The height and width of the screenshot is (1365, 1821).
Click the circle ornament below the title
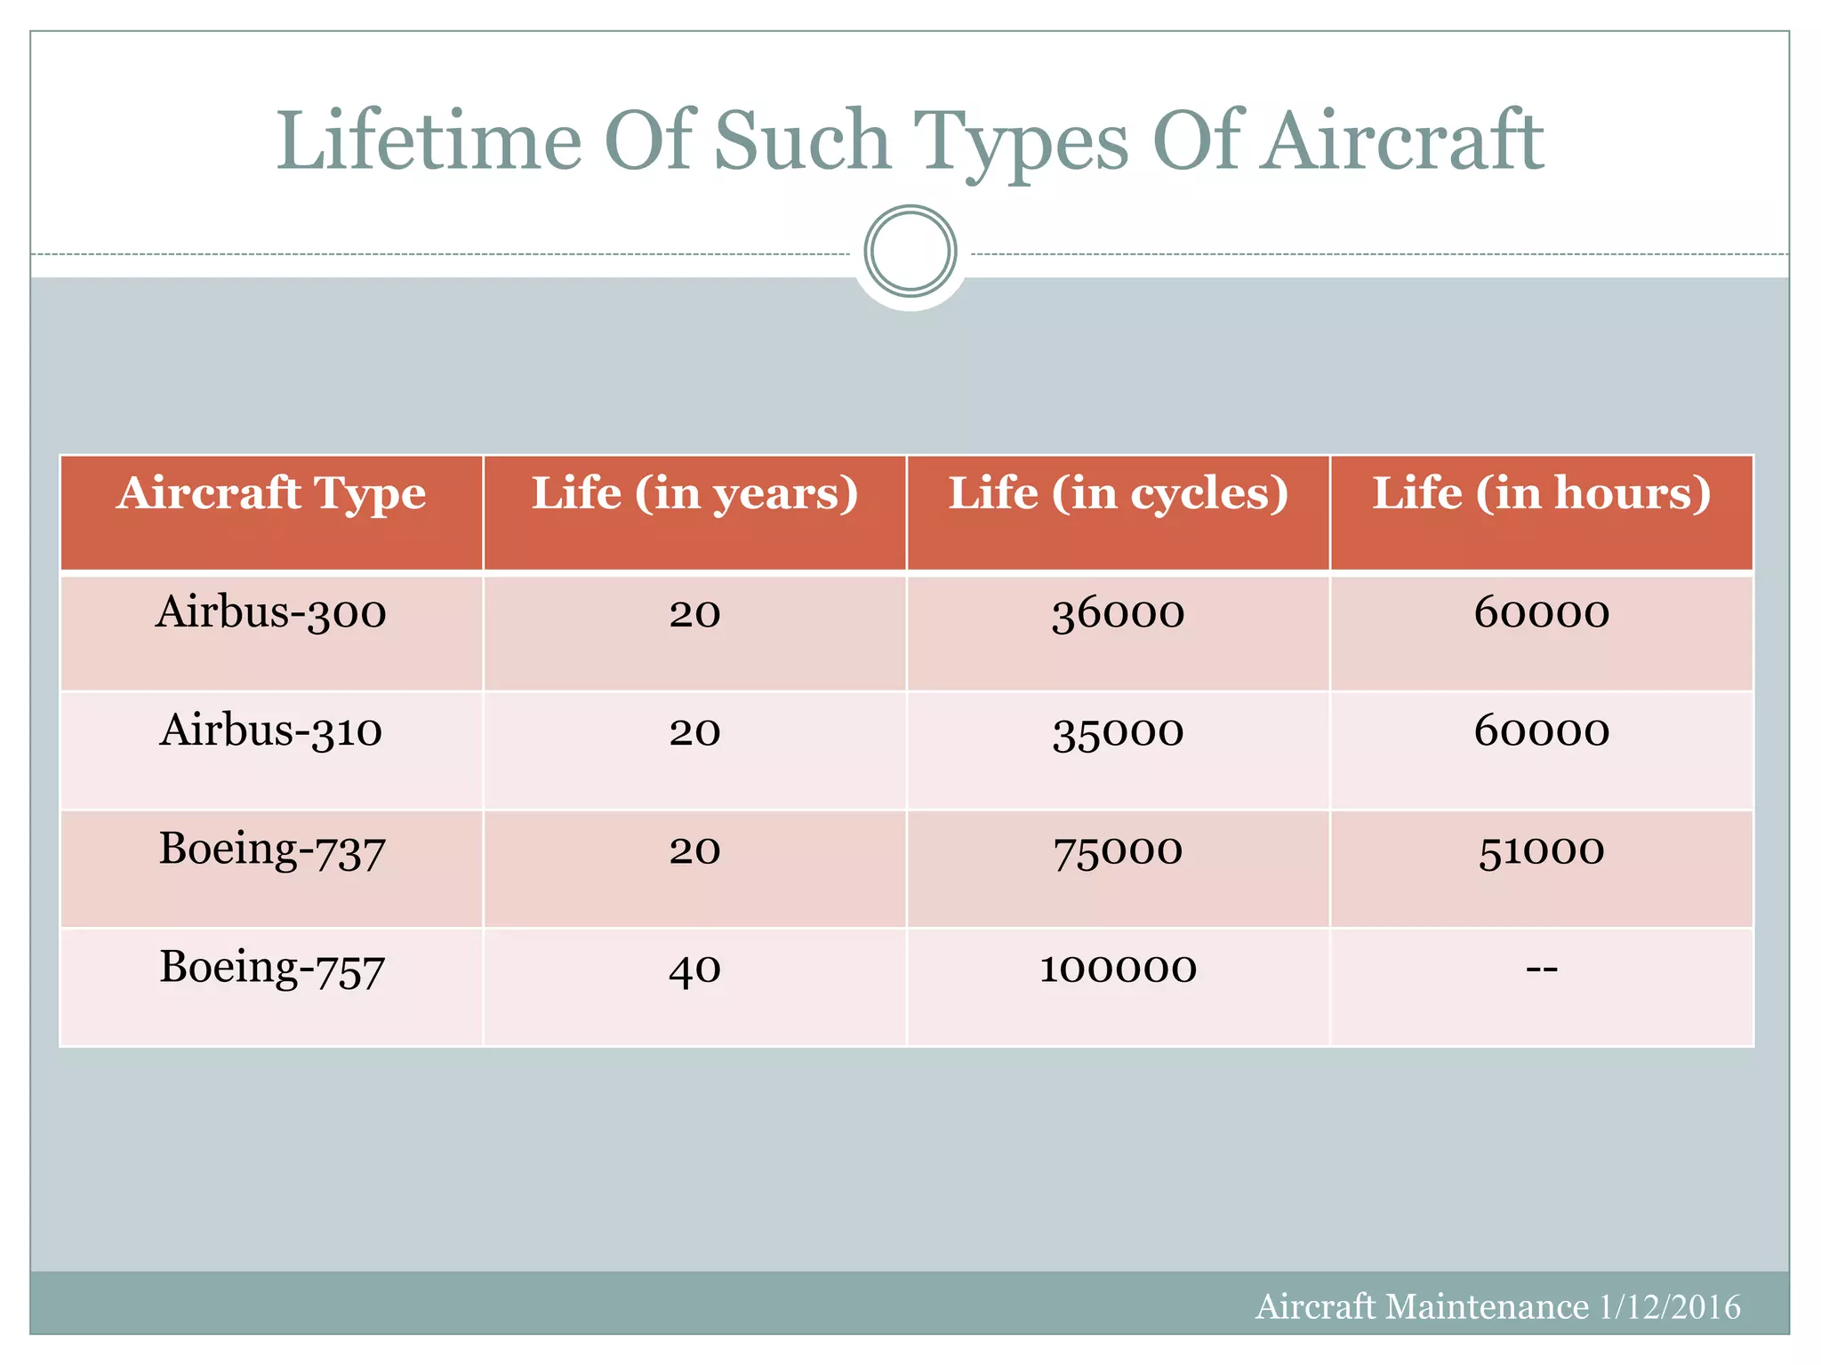coord(910,251)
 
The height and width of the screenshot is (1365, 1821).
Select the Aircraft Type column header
coord(271,494)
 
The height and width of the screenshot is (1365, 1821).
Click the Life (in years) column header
coord(694,494)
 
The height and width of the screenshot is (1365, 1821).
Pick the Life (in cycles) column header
coord(1118,494)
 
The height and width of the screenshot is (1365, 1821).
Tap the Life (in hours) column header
coord(1541,494)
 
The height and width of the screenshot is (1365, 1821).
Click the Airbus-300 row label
coord(271,613)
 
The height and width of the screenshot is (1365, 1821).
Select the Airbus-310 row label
coord(271,731)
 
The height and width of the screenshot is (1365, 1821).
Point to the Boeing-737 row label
coord(271,850)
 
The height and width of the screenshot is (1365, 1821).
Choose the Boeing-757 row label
coord(271,968)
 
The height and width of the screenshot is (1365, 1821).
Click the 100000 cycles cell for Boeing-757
coord(1118,969)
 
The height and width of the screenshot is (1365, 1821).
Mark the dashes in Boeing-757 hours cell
coord(1541,969)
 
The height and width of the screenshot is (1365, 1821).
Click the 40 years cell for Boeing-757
coord(694,969)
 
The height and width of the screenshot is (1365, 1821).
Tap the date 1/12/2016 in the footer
coord(1669,1307)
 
